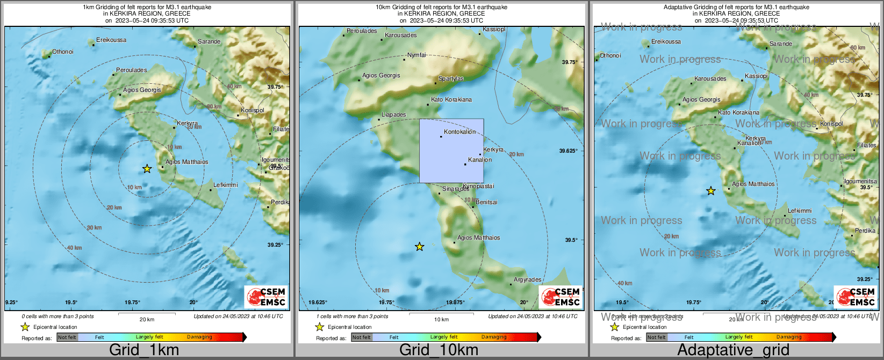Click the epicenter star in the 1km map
[147, 169]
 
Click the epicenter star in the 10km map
[420, 247]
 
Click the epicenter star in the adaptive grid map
[710, 191]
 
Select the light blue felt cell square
[451, 151]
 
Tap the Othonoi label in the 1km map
[62, 52]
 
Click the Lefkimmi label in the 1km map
[226, 185]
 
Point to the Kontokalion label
[459, 132]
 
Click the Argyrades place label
[527, 280]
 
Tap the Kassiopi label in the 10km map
[494, 30]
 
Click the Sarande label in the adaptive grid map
[780, 44]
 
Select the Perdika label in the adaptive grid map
[865, 231]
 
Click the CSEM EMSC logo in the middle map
[560, 297]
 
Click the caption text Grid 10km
[438, 350]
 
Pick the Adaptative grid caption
[733, 350]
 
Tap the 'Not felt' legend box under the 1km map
[67, 337]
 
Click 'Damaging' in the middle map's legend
[493, 337]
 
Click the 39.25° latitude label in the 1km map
[275, 244]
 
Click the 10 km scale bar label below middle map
[441, 320]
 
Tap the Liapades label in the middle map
[393, 115]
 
